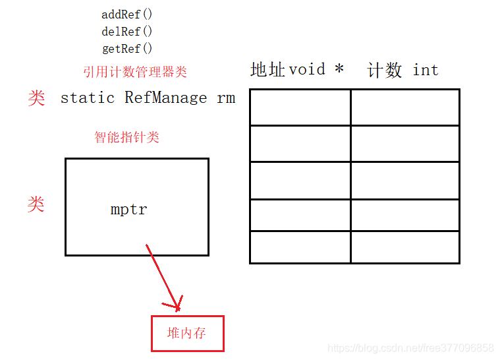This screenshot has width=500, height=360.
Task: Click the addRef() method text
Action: pos(127,14)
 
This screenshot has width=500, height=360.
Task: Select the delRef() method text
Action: pos(127,31)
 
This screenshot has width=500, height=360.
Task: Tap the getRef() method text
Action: pos(127,48)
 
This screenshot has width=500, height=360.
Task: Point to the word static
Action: pos(87,98)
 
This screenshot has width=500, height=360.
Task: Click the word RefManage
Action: pos(165,98)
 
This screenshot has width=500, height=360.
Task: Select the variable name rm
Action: pos(226,98)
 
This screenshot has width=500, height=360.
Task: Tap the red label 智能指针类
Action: pos(127,137)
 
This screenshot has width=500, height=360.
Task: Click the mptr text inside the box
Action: pos(129,210)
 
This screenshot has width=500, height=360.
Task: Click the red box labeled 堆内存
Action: pos(188,333)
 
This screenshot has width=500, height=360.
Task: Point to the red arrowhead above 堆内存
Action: pos(177,305)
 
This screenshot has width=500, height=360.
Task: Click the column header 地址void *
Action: pos(297,69)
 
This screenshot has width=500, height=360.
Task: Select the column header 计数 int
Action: pos(403,71)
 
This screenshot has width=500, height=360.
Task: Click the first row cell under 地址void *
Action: pos(300,107)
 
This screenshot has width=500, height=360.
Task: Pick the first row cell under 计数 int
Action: pos(404,107)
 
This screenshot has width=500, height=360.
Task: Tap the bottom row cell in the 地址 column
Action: pos(300,247)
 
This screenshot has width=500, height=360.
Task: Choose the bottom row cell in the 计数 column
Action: pos(404,247)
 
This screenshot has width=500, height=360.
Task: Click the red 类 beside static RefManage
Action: pos(36,98)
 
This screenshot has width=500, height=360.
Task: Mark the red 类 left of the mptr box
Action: pos(36,204)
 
